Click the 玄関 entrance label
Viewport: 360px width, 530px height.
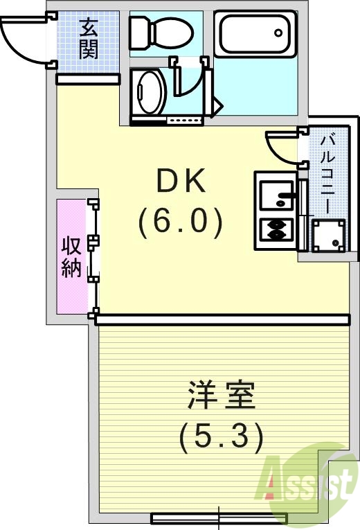point(88,39)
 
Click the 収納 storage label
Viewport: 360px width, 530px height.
point(71,256)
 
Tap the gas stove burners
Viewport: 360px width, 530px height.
point(276,229)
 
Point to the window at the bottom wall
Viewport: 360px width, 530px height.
point(219,517)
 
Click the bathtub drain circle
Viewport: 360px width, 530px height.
point(278,32)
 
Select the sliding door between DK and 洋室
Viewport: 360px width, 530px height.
point(222,319)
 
